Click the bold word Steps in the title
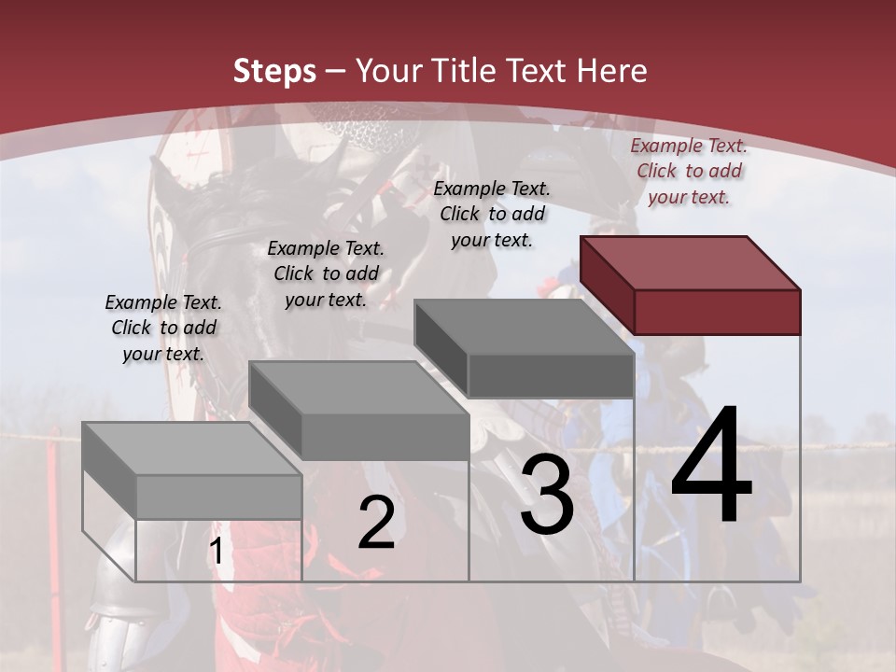[x=274, y=71]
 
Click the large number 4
[x=711, y=466]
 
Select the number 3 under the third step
[x=547, y=495]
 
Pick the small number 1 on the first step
[x=216, y=552]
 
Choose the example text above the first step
[x=163, y=328]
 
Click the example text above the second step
[x=326, y=273]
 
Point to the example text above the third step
[x=492, y=214]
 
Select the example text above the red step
[x=689, y=171]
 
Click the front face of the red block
[x=717, y=312]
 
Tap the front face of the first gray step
[x=218, y=497]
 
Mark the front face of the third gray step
[x=551, y=375]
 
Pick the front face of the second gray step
[x=385, y=437]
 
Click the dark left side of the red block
[x=607, y=285]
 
